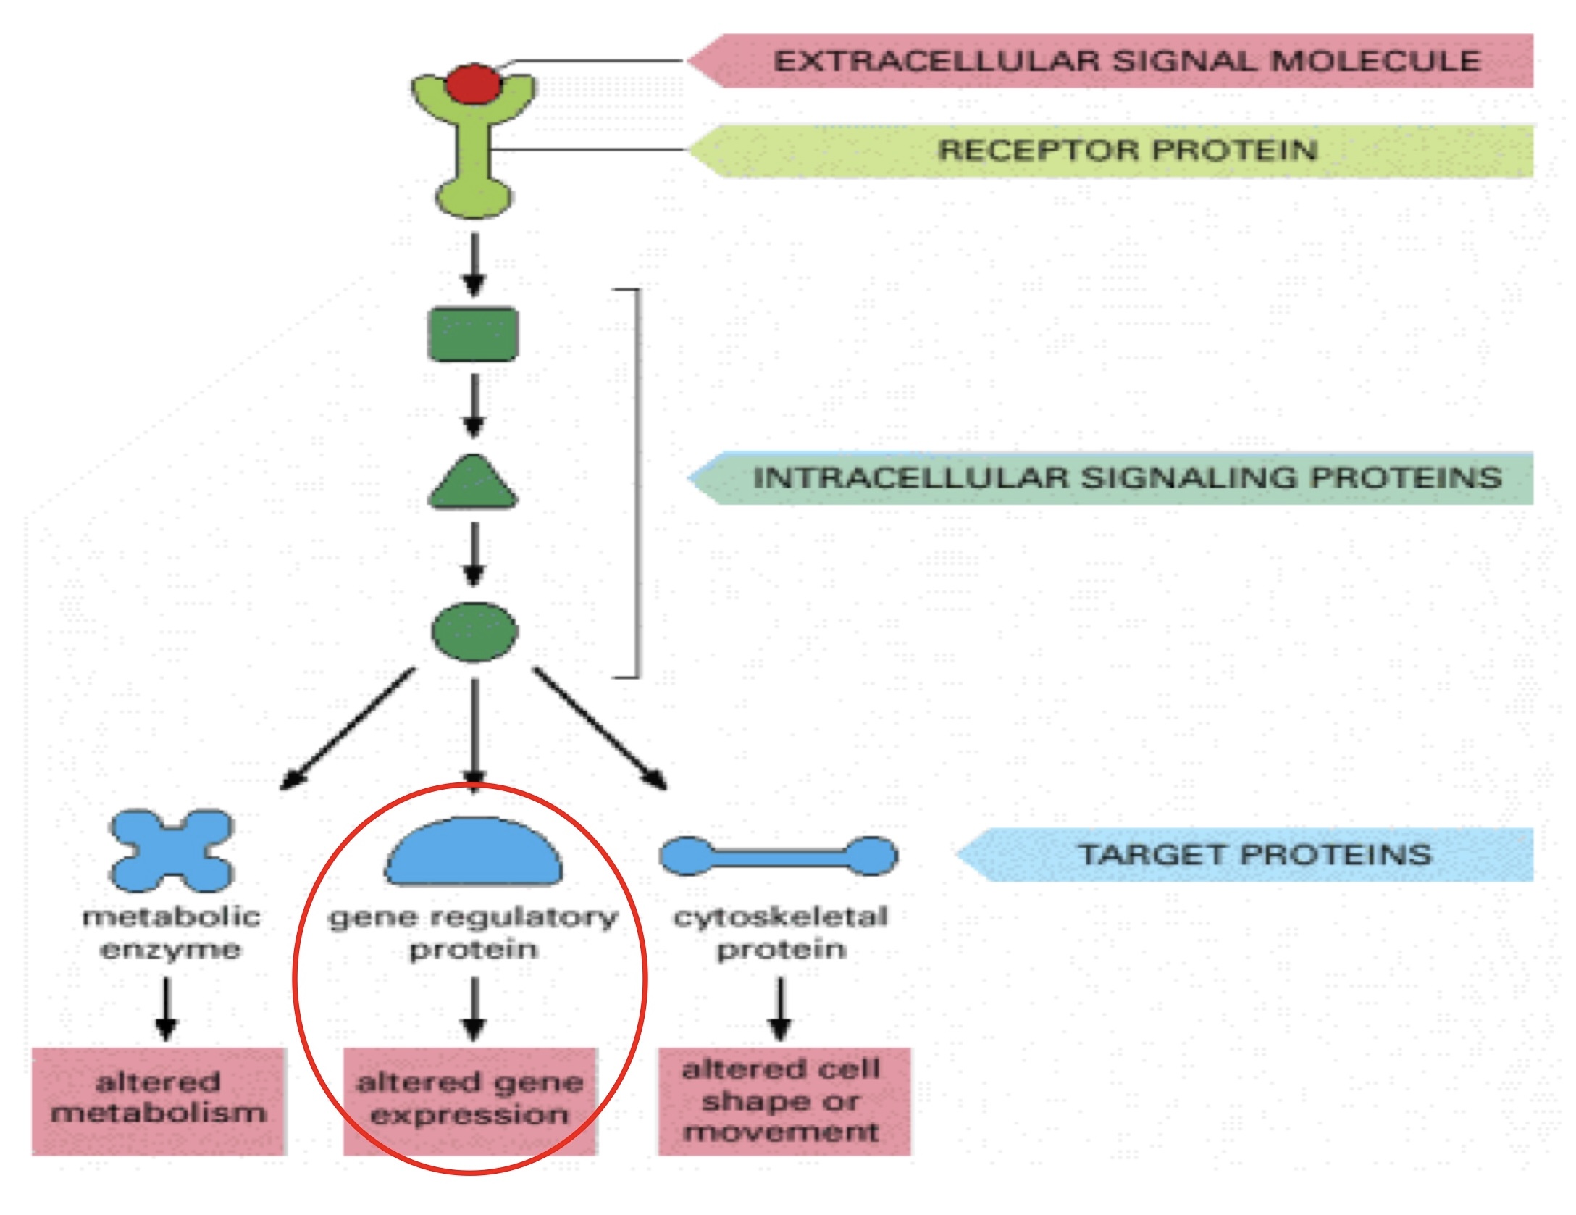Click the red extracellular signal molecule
pyautogui.click(x=473, y=84)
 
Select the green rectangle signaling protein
pyautogui.click(x=474, y=334)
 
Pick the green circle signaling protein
pyautogui.click(x=474, y=632)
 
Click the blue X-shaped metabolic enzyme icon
pyautogui.click(x=171, y=850)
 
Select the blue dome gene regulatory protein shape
pyautogui.click(x=474, y=853)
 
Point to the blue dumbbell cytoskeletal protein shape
pyautogui.click(x=779, y=856)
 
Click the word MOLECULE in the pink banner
pyautogui.click(x=1375, y=61)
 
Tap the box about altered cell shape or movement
pyautogui.click(x=784, y=1100)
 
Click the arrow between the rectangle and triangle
pyautogui.click(x=474, y=406)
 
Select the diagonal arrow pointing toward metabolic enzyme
pyautogui.click(x=348, y=728)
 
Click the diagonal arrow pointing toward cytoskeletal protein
pyautogui.click(x=600, y=728)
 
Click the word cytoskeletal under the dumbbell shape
pyautogui.click(x=780, y=917)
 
